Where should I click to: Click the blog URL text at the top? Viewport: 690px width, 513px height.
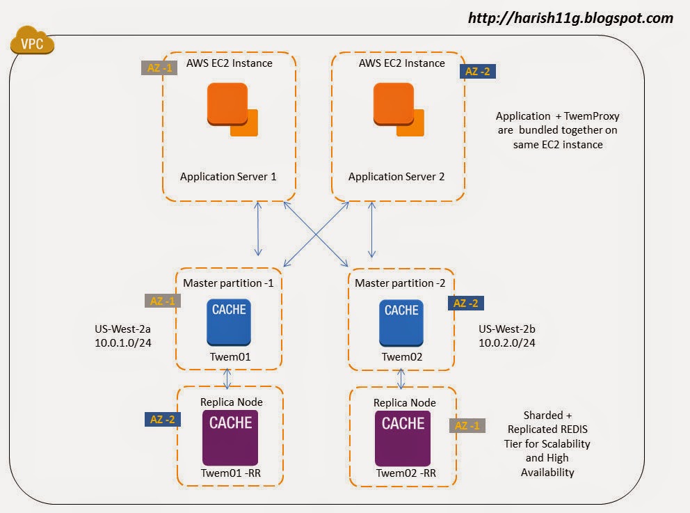(570, 17)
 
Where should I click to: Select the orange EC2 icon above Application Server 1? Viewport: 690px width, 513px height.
(232, 109)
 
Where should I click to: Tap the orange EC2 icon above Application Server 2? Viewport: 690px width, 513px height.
(398, 109)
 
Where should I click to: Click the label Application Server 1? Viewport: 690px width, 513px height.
(228, 176)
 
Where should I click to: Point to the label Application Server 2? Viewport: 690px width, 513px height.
(396, 176)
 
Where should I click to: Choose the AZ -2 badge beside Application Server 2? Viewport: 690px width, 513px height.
(478, 70)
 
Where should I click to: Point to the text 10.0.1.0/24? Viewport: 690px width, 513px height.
(122, 343)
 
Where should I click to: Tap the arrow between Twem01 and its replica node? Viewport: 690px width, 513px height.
(227, 378)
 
